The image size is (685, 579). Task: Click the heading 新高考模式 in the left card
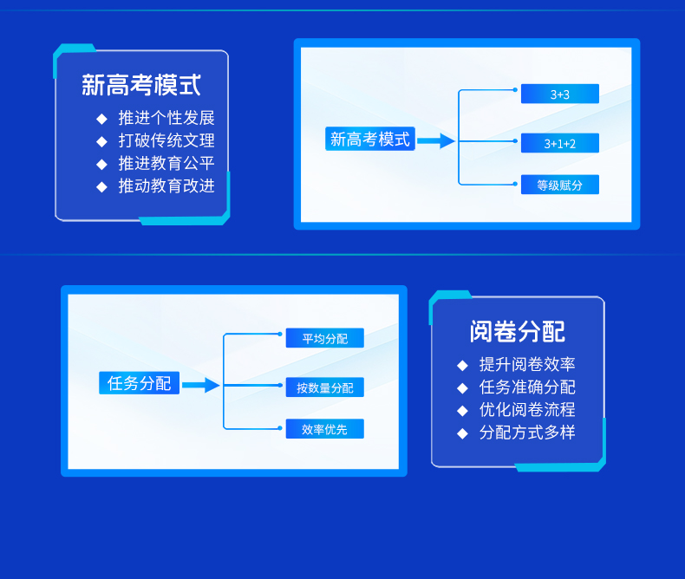[x=141, y=85]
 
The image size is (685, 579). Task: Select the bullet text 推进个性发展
[x=166, y=118]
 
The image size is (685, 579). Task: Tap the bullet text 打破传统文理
[x=166, y=140]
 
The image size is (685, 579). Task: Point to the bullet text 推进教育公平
[x=166, y=163]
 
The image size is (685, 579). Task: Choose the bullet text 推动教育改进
[x=166, y=185]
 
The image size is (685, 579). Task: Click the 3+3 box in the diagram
[x=559, y=94]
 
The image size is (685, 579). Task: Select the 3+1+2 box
[x=559, y=143]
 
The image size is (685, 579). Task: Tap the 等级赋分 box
[x=559, y=185]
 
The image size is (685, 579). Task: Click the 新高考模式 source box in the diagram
[x=370, y=139]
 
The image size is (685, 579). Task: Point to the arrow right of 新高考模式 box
[x=436, y=140]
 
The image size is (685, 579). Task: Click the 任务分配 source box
[x=139, y=383]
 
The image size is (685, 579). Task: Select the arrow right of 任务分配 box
[x=201, y=385]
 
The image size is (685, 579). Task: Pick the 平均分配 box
[x=324, y=338]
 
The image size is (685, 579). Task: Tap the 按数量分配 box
[x=324, y=387]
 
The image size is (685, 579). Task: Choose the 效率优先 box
[x=324, y=429]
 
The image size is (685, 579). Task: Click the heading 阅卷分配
[x=518, y=331]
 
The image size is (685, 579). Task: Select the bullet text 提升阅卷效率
[x=527, y=365]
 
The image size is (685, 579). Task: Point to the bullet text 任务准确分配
[x=527, y=387]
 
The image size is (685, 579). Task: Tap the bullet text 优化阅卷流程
[x=527, y=410]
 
